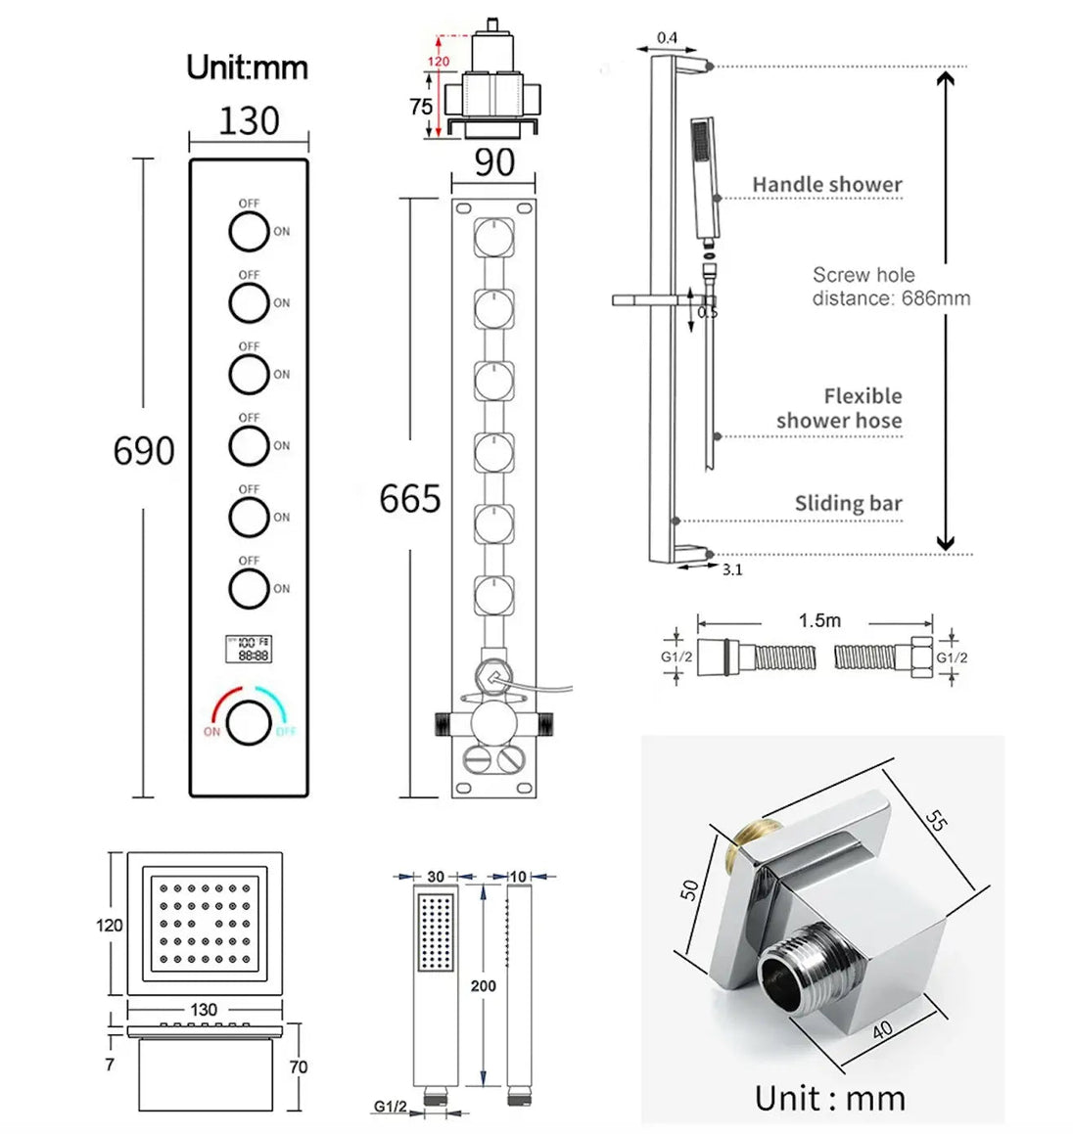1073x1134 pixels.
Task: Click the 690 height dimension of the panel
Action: pos(144,451)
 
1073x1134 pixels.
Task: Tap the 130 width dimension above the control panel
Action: pos(249,121)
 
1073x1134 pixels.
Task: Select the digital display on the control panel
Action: pos(249,649)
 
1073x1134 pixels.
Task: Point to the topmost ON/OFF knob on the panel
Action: pos(249,232)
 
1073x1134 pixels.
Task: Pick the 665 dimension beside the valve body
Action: pos(410,499)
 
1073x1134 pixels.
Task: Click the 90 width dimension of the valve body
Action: pos(493,162)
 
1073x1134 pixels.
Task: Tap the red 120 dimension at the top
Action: pos(439,61)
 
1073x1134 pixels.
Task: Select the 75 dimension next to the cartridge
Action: pos(421,107)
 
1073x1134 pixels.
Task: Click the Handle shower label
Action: pos(826,184)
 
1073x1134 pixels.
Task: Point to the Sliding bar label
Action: pos(848,504)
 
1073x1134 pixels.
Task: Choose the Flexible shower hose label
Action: pos(840,408)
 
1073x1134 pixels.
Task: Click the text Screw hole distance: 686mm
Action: pos(890,287)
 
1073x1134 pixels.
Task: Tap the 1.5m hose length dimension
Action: pos(818,620)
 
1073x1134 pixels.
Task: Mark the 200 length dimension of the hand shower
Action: pos(483,985)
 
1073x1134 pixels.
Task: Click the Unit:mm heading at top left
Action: pos(247,68)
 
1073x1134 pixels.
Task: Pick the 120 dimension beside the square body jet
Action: pos(110,925)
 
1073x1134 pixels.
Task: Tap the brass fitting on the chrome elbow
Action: pos(748,841)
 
